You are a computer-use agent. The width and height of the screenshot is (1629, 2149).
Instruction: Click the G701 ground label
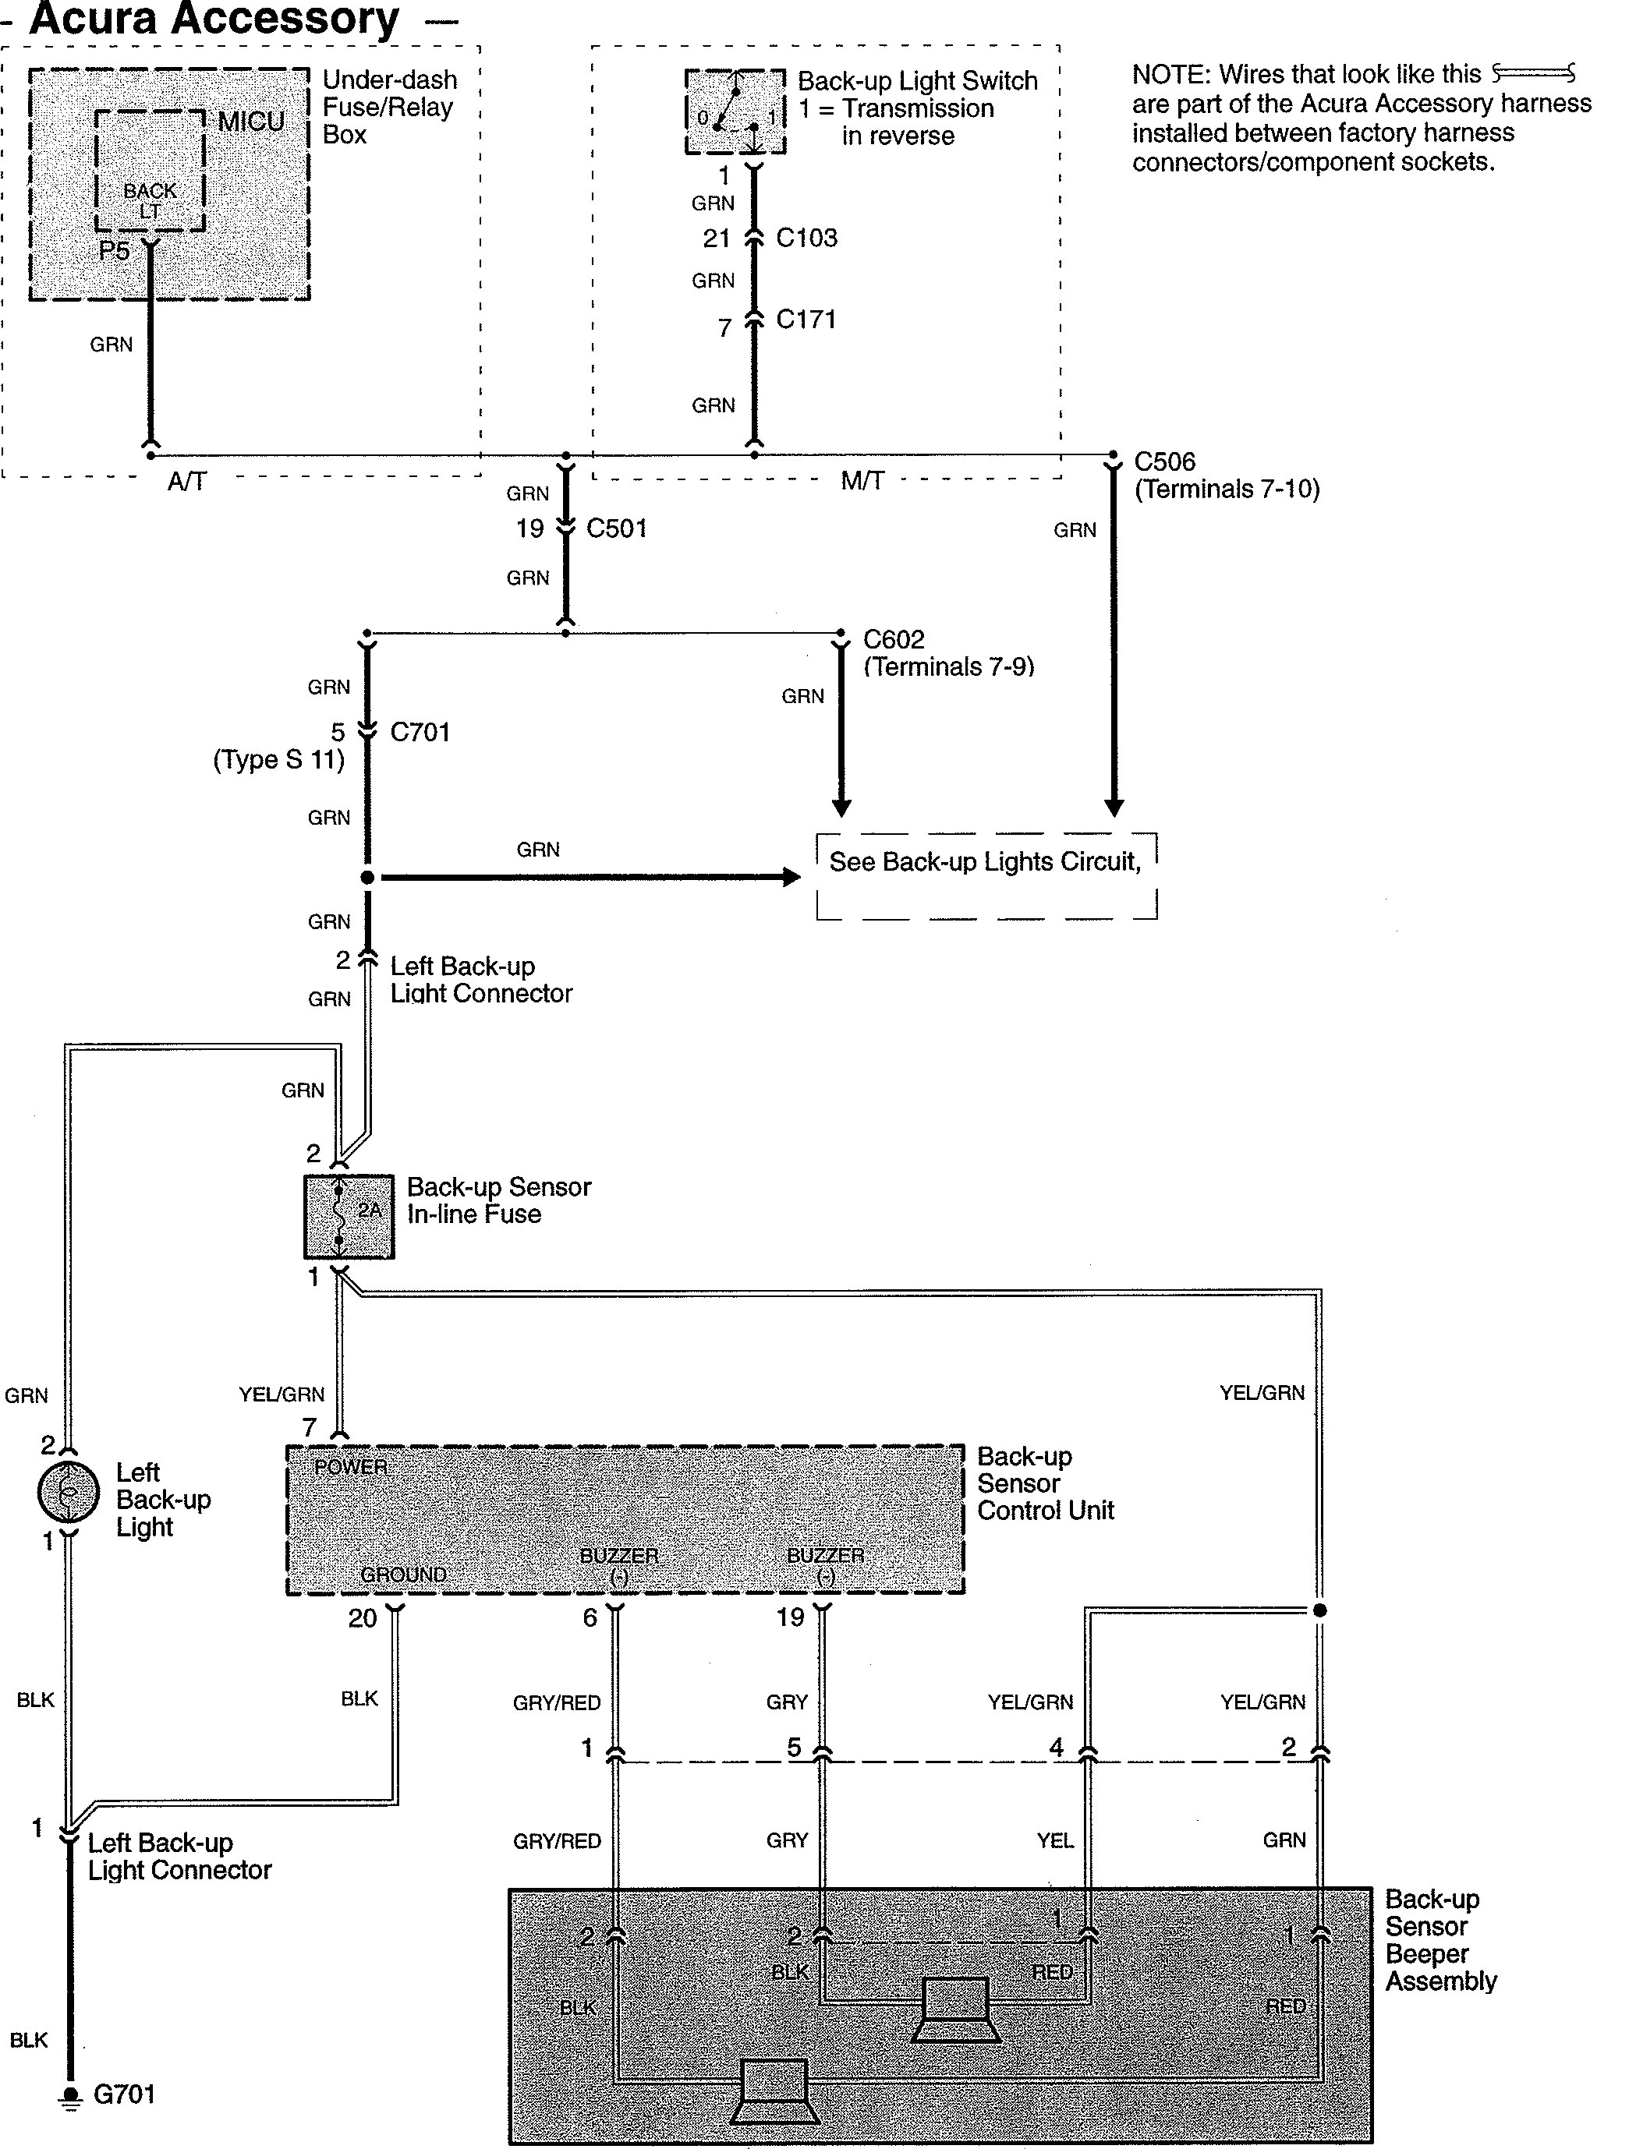click(125, 2094)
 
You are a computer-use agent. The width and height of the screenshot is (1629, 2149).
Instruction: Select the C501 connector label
click(616, 528)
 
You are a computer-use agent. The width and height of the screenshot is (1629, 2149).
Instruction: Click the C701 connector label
click(420, 732)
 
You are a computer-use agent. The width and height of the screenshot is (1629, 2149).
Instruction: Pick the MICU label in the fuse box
click(251, 122)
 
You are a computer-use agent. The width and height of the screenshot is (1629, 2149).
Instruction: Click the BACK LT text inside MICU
click(150, 200)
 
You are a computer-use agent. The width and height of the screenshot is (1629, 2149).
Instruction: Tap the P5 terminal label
click(114, 252)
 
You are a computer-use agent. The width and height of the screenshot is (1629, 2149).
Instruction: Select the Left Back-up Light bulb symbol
click(68, 1491)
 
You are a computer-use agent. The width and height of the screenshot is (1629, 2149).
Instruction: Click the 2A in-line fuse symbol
click(349, 1216)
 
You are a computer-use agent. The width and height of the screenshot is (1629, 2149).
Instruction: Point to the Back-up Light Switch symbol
click(735, 111)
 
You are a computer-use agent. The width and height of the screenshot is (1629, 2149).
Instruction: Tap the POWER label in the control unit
click(351, 1467)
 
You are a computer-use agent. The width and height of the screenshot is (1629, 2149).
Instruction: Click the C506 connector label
click(1164, 461)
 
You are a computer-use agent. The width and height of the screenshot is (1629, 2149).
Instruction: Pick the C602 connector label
click(893, 639)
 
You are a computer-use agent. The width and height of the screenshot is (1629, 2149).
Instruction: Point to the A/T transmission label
click(186, 482)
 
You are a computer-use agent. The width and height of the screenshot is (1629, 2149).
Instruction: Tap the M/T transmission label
click(861, 481)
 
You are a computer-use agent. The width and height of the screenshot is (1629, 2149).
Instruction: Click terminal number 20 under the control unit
click(363, 1617)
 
